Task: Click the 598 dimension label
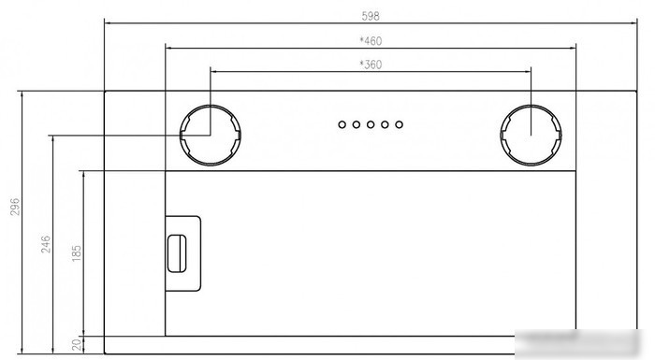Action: pyautogui.click(x=371, y=16)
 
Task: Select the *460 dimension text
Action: pyautogui.click(x=371, y=41)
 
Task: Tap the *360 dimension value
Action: pyautogui.click(x=371, y=65)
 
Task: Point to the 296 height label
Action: pyautogui.click(x=15, y=207)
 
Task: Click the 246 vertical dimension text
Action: pyautogui.click(x=46, y=244)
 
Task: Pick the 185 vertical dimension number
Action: pyautogui.click(x=77, y=253)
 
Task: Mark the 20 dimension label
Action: pyautogui.click(x=77, y=344)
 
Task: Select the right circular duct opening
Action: pyautogui.click(x=501, y=135)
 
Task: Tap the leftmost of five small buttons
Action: pyautogui.click(x=342, y=124)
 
